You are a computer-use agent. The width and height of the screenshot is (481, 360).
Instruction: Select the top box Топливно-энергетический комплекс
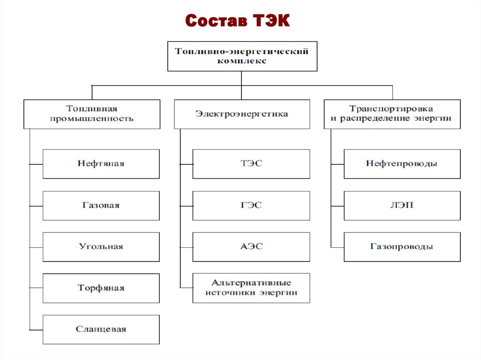tap(242, 56)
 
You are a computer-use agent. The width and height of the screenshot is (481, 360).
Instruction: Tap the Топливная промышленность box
tap(92, 114)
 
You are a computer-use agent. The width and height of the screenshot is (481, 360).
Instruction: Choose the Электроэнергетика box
tap(242, 114)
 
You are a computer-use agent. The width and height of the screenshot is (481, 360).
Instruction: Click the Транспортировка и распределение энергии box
tap(392, 114)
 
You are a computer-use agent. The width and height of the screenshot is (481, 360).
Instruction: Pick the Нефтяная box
tap(101, 164)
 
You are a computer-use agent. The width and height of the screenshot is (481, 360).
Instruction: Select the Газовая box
tap(101, 205)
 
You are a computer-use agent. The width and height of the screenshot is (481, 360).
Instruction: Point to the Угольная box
tap(101, 246)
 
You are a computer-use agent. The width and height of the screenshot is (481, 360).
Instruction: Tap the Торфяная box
tap(101, 288)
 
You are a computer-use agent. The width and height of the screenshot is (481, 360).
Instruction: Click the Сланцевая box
tap(101, 329)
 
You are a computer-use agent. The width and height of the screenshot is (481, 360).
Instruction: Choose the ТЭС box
tap(251, 164)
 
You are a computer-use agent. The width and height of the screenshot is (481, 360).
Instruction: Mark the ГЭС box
tap(251, 205)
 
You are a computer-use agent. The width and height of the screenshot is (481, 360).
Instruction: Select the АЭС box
tap(251, 246)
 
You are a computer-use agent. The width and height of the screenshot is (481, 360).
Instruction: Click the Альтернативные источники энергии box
tap(251, 288)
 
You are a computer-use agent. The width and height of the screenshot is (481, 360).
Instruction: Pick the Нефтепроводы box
tap(402, 164)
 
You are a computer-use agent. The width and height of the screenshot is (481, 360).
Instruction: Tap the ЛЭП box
tap(402, 205)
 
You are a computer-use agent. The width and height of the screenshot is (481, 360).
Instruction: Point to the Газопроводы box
tap(402, 246)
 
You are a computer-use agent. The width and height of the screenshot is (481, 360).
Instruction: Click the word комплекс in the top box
tap(242, 61)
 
